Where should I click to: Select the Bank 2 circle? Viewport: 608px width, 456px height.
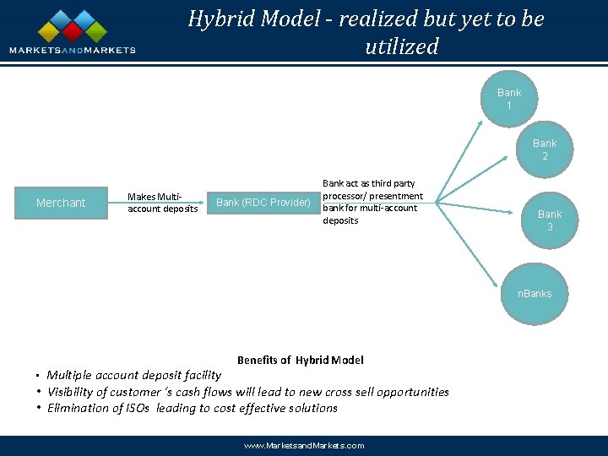pos(545,149)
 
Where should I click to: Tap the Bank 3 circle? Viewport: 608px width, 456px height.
pos(550,220)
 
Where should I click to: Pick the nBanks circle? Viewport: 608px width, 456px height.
pos(535,293)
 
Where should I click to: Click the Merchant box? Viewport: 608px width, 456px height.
pos(61,203)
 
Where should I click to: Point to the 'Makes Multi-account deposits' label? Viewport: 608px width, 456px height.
pos(162,203)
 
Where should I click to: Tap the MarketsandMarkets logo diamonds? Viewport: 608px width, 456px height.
pos(73,26)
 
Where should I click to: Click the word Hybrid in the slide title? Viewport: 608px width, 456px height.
pos(220,19)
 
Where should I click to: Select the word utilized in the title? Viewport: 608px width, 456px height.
pos(402,46)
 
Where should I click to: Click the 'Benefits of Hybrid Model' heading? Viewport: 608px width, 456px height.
pos(300,360)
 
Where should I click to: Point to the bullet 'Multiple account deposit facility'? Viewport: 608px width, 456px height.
pos(133,375)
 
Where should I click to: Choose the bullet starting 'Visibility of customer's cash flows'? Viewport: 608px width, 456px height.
pos(247,392)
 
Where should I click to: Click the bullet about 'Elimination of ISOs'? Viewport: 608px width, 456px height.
pos(192,408)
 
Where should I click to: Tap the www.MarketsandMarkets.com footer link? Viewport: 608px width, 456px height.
pos(304,445)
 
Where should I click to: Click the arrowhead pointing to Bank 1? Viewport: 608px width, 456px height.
pos(481,124)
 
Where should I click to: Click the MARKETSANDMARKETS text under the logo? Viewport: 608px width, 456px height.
pos(73,50)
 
